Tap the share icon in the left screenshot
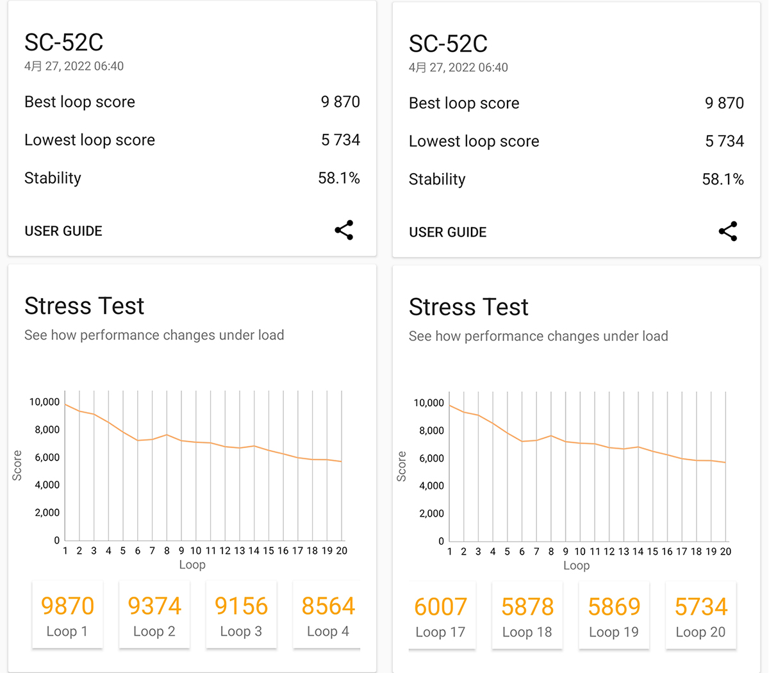pyautogui.click(x=344, y=230)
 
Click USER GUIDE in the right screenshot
pyautogui.click(x=448, y=232)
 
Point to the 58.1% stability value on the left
pyautogui.click(x=339, y=178)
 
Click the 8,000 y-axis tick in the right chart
pyautogui.click(x=431, y=431)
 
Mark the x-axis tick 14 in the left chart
pyautogui.click(x=254, y=551)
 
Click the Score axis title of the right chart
pyautogui.click(x=402, y=466)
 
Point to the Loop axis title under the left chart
pyautogui.click(x=192, y=565)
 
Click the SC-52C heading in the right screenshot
pyautogui.click(x=448, y=44)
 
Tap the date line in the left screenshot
pyautogui.click(x=74, y=66)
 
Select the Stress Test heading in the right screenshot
pyautogui.click(x=468, y=307)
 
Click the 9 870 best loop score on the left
pyautogui.click(x=340, y=102)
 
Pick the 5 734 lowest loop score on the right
pyautogui.click(x=724, y=141)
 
